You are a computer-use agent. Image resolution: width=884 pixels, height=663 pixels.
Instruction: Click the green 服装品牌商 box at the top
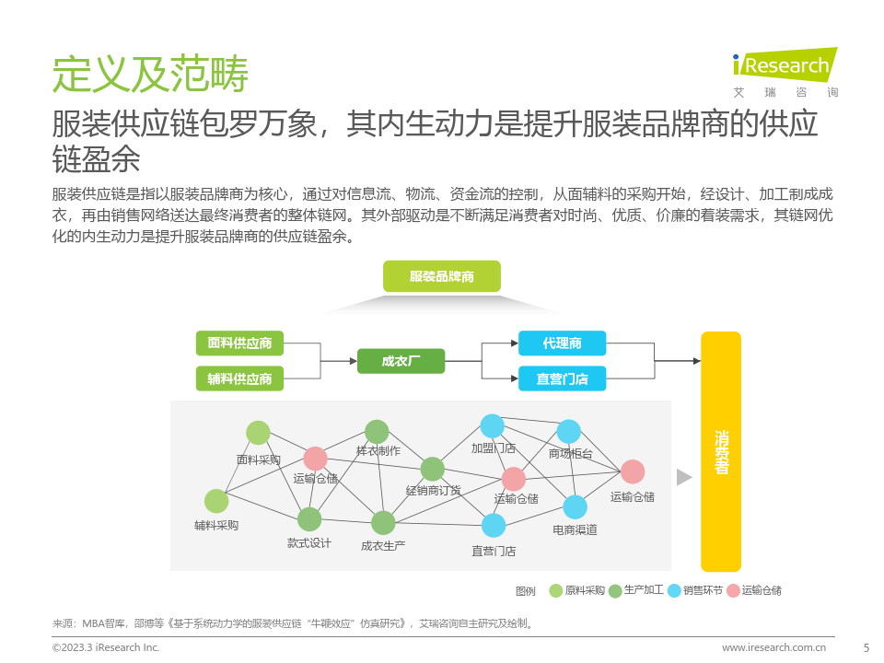pos(441,276)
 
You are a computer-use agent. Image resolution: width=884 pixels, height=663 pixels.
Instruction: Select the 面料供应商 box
pos(239,343)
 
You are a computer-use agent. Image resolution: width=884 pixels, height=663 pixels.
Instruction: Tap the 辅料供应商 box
pos(239,378)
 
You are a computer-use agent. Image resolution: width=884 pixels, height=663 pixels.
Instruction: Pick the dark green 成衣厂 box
pos(401,361)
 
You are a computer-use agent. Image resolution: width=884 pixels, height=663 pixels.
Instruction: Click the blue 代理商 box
pos(562,343)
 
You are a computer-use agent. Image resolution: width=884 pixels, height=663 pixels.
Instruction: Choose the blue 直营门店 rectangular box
pos(562,378)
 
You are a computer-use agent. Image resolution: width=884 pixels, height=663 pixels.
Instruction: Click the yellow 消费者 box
pos(721,451)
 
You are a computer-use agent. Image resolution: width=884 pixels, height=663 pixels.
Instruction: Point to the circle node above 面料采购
pos(258,433)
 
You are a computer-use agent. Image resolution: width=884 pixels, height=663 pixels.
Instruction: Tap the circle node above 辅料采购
pos(216,501)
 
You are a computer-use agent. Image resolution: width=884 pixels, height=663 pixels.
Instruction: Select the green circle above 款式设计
pos(309,519)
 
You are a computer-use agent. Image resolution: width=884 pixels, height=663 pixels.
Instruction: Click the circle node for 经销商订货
pos(433,469)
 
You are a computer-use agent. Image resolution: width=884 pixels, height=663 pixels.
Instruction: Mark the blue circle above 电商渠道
pos(575,506)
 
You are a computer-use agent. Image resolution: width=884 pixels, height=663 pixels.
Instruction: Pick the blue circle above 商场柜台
pos(569,431)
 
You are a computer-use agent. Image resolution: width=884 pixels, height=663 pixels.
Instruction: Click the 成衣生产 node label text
pos(383,545)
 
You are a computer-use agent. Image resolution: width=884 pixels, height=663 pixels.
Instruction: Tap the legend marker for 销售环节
pos(674,591)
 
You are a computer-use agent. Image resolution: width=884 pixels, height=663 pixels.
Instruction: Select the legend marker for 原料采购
pos(555,591)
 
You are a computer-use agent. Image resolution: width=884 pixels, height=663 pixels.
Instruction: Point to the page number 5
pos(865,647)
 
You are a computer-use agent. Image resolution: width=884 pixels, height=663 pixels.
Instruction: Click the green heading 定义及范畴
pos(149,75)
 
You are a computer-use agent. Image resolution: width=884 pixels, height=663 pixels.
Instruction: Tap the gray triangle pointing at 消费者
pos(683,477)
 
